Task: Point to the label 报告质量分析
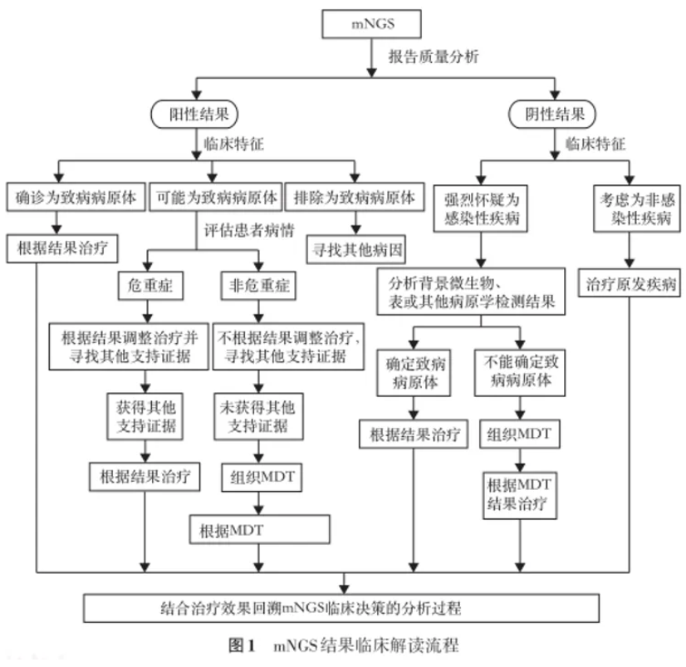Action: pyautogui.click(x=434, y=56)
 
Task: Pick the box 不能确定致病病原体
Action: pyautogui.click(x=522, y=371)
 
